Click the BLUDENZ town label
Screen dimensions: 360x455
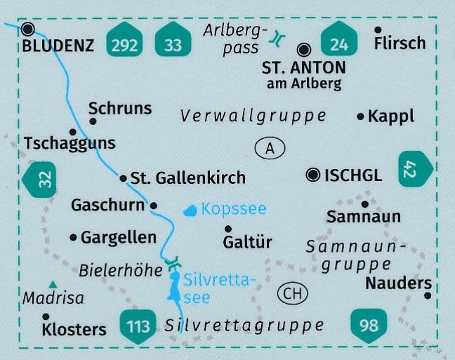[58, 47]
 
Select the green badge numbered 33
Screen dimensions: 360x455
[173, 44]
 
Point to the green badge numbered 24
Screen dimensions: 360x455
[339, 44]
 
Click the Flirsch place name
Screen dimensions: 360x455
[400, 43]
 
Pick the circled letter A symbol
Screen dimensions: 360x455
[270, 148]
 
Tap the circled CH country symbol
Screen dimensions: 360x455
[292, 293]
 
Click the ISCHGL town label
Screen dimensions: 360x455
[354, 175]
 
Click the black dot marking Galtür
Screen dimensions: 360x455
[227, 229]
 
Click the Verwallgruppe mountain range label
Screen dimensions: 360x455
[253, 116]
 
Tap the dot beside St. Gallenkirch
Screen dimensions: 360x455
[123, 178]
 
